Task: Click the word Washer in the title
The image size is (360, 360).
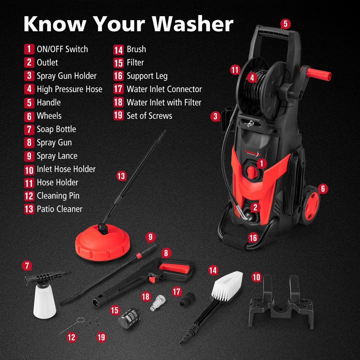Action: click(x=193, y=24)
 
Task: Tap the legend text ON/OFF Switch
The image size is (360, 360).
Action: click(x=62, y=49)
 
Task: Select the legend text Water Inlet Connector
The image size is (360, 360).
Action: click(x=164, y=89)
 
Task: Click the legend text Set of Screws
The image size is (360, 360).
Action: click(x=149, y=116)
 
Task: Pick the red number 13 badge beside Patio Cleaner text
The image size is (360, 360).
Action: click(x=29, y=209)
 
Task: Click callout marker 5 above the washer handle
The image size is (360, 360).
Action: click(x=285, y=24)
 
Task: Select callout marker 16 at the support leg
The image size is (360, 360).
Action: click(x=253, y=238)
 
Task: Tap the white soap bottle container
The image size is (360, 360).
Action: click(x=44, y=302)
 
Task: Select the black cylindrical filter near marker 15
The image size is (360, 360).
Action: click(x=128, y=317)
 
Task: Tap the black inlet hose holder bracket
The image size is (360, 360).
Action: click(x=281, y=302)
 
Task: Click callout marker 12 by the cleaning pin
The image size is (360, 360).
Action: click(x=72, y=337)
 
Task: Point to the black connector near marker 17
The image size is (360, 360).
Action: click(x=188, y=300)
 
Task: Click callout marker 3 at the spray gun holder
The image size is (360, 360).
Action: click(x=215, y=116)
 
